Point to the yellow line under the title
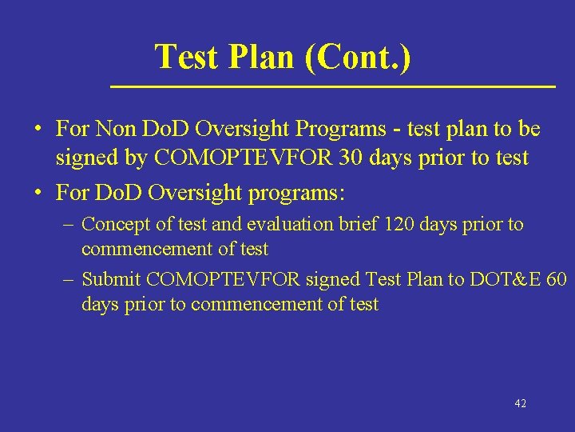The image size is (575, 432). point(332,85)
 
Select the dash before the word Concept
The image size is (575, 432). point(68,225)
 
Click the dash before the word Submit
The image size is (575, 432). point(68,280)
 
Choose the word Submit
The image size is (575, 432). point(112,279)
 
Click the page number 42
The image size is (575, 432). point(520,404)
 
